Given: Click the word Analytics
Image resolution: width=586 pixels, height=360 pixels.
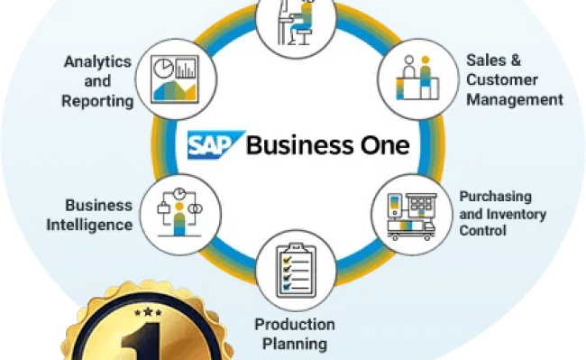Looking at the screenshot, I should click(x=97, y=61).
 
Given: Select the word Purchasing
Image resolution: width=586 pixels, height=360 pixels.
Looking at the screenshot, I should click(x=495, y=196).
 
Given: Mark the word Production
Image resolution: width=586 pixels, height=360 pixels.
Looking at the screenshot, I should click(x=294, y=324).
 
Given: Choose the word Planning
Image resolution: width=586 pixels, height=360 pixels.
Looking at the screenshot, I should click(x=294, y=344).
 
